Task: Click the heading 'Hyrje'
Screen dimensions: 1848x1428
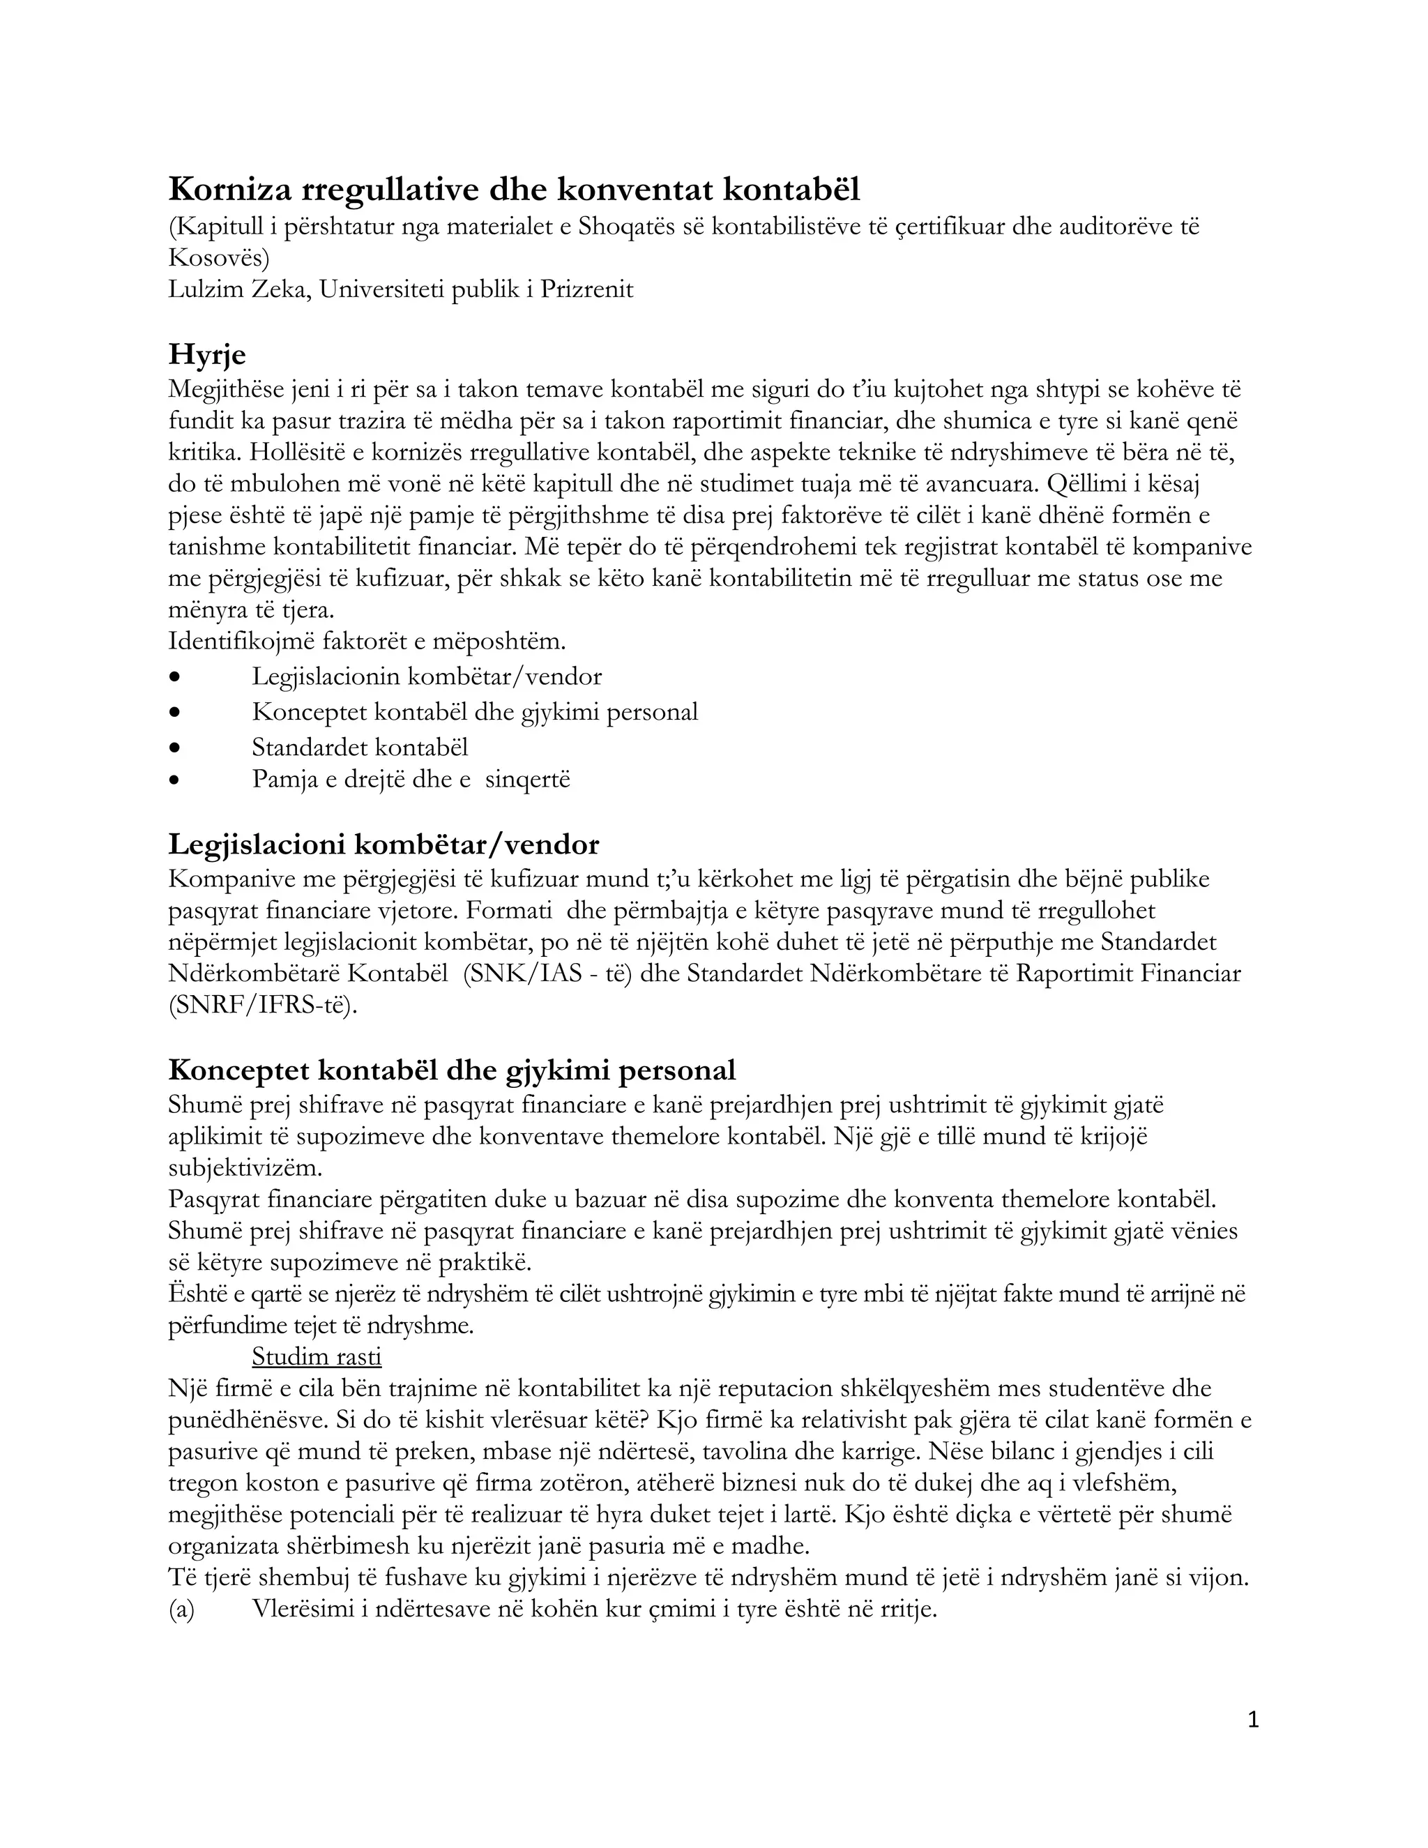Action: tap(206, 354)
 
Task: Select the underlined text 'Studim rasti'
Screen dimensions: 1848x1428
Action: tap(317, 1356)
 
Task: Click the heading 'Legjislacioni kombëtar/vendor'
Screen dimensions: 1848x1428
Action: tap(383, 845)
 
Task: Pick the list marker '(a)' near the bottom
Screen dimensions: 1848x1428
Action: tap(181, 1610)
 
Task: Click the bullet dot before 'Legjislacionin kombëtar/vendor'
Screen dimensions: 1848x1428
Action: tap(175, 677)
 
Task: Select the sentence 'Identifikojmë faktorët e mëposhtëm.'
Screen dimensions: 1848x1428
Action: tap(367, 642)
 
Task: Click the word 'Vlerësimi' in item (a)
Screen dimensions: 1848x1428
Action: tap(302, 1610)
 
